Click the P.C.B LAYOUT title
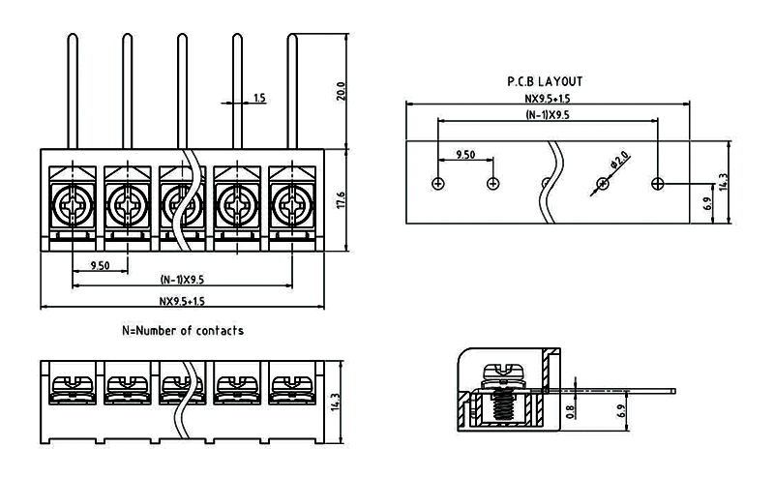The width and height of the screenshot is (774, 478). [546, 82]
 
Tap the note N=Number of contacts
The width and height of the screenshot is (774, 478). [183, 331]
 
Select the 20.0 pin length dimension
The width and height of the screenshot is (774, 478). [340, 91]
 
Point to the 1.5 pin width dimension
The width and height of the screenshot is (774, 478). [259, 99]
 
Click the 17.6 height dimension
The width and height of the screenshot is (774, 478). [340, 199]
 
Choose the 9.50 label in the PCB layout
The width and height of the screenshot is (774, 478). [464, 155]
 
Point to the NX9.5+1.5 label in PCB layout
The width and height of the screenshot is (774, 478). [547, 98]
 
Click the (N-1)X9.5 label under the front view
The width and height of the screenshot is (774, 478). [182, 280]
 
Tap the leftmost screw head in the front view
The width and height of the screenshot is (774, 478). [72, 203]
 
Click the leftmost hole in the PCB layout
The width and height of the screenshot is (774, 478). [438, 184]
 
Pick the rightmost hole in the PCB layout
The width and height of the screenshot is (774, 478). [658, 184]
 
